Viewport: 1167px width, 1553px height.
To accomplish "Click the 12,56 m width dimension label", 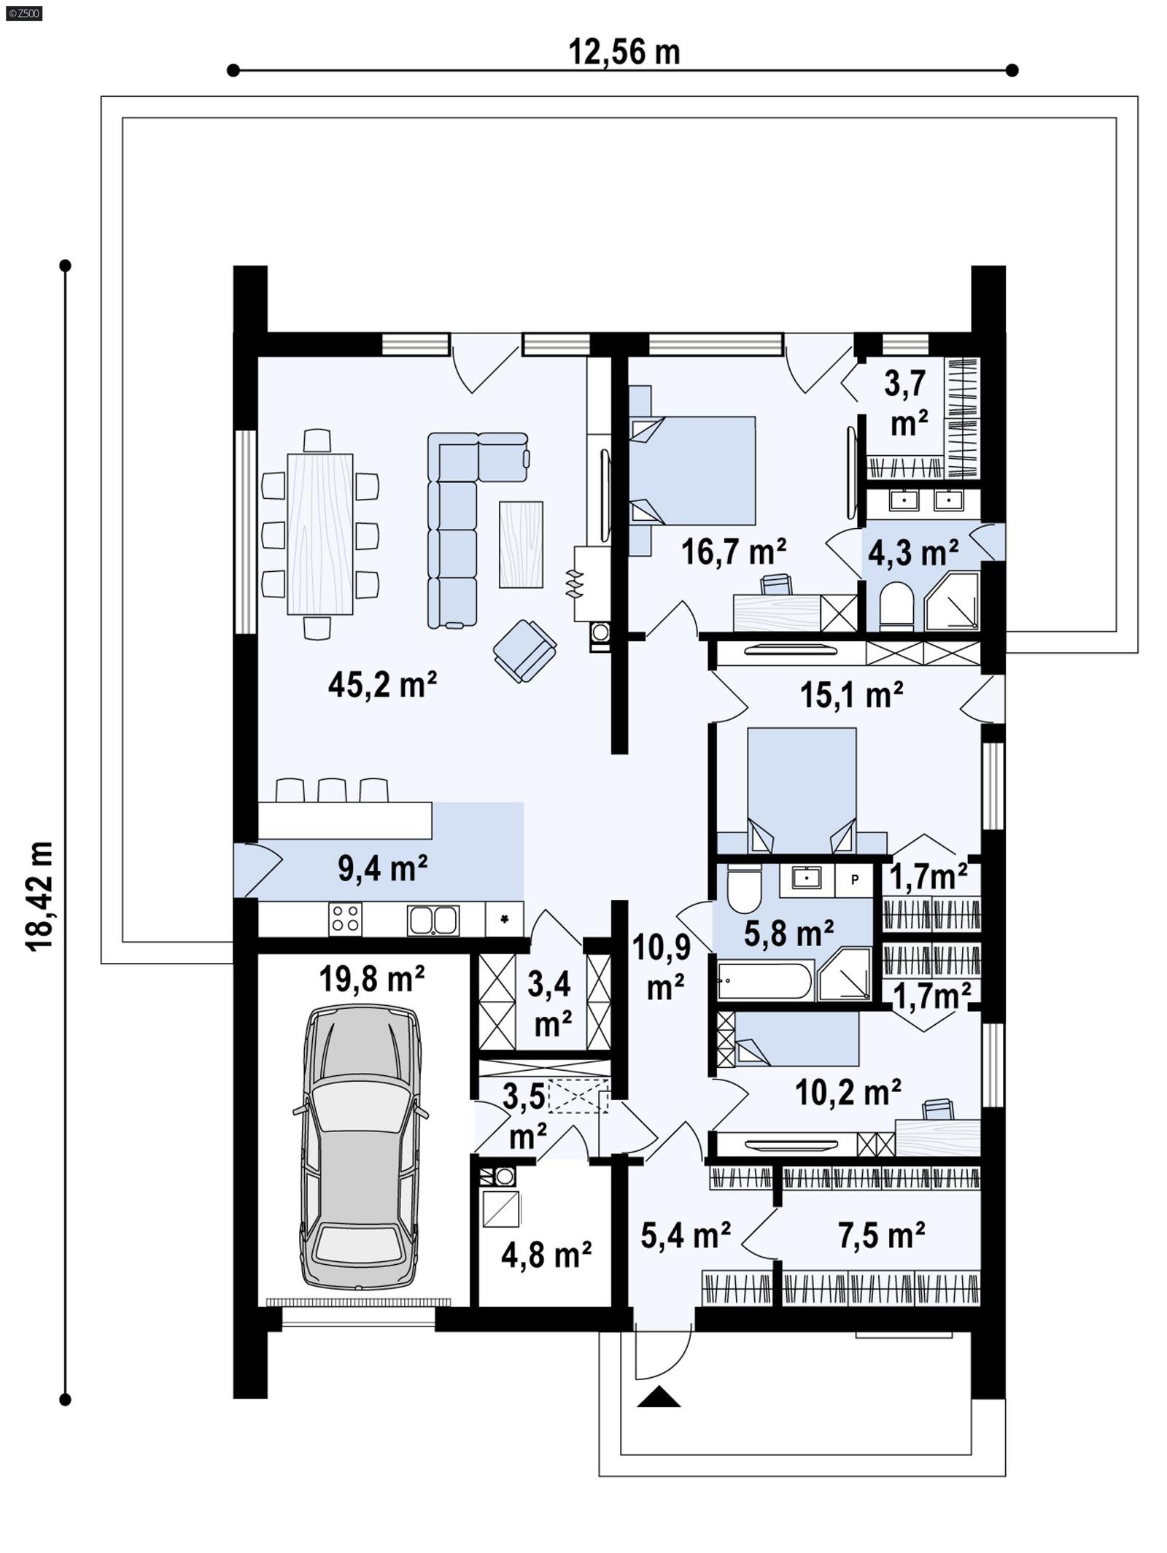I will pos(624,53).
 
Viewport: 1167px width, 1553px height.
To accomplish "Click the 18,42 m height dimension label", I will pos(40,894).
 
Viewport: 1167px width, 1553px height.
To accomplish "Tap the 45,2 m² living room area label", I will pos(382,684).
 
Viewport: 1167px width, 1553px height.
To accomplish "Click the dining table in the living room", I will pos(319,534).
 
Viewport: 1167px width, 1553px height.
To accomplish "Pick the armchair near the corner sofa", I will pos(524,649).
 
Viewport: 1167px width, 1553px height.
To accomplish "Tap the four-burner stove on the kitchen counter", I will pos(345,919).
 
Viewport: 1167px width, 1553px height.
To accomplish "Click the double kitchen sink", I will pos(433,920).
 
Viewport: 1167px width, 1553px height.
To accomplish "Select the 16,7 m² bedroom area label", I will pos(733,552).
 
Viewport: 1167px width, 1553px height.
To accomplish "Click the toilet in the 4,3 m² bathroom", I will pos(896,605).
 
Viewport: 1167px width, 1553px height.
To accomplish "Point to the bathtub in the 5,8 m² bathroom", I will pos(764,980).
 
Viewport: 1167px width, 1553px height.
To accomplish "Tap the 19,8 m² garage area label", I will pos(371,979).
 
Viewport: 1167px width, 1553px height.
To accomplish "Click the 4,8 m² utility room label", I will pos(546,1255).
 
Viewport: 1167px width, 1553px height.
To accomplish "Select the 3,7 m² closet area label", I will pos(906,403).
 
